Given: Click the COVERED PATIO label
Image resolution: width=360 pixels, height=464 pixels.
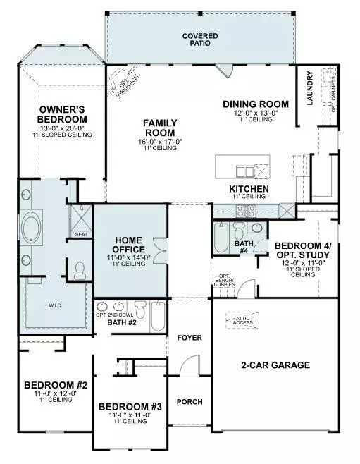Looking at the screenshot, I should [199, 39].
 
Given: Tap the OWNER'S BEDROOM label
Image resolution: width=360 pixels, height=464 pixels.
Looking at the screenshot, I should [63, 114].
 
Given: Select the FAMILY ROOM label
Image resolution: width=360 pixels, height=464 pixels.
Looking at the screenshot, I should [160, 128].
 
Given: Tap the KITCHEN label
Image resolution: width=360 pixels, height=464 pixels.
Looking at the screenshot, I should [249, 190].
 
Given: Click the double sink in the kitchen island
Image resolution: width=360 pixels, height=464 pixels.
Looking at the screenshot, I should [244, 171].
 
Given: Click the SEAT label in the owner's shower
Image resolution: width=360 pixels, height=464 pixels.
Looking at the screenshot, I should [81, 234].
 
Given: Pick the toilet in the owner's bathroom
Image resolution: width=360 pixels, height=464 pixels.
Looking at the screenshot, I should [80, 269].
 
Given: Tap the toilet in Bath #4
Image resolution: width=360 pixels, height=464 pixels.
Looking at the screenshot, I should [239, 231].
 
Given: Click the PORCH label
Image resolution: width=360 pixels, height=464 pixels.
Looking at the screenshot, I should [189, 402].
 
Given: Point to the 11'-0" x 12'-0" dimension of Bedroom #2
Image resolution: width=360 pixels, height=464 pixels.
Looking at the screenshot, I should [54, 393].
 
